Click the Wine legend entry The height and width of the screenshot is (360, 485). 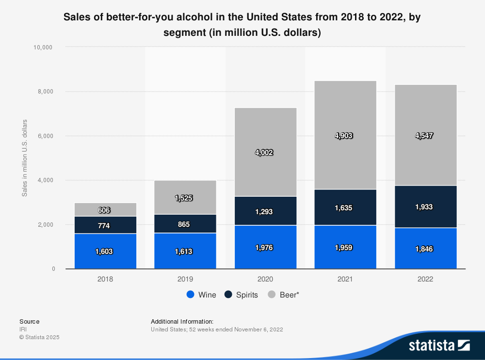201,295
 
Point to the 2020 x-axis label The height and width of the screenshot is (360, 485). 265,280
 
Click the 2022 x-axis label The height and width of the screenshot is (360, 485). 425,280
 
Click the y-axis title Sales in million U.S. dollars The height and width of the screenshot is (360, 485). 24,157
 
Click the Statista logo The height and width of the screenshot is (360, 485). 439,345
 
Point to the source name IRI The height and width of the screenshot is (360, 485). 23,329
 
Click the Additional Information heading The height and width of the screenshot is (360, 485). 182,321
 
